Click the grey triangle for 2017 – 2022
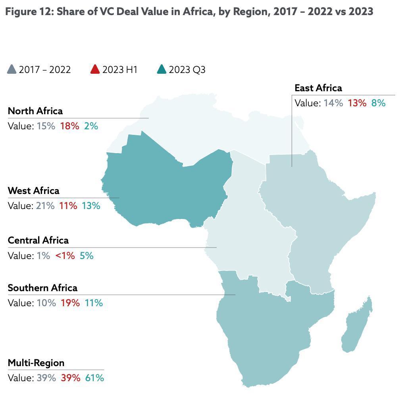click(x=12, y=70)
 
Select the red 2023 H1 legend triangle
click(x=95, y=70)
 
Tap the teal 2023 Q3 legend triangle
click(x=162, y=70)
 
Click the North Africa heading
click(x=35, y=111)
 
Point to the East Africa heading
click(x=318, y=88)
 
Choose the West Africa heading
click(x=34, y=191)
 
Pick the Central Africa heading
click(x=38, y=240)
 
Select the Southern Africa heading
click(x=42, y=288)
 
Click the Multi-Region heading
click(x=36, y=363)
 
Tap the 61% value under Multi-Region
click(x=94, y=378)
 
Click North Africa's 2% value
click(x=91, y=126)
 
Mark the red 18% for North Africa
click(x=69, y=126)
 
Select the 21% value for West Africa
click(x=45, y=206)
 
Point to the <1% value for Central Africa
click(x=65, y=256)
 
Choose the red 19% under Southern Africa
click(x=70, y=303)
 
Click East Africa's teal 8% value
click(x=378, y=103)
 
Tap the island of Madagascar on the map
click(x=357, y=325)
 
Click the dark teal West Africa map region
click(x=167, y=186)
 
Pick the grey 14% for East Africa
click(x=333, y=103)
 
